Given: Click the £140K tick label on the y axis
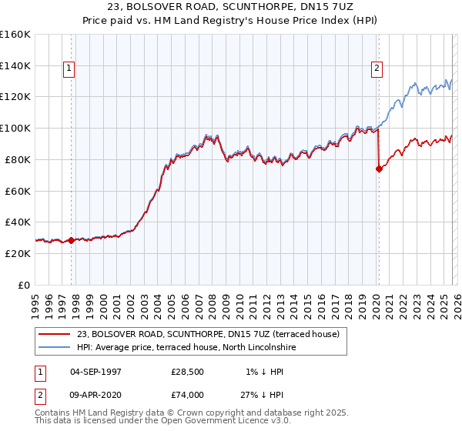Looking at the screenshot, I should pyautogui.click(x=15, y=66).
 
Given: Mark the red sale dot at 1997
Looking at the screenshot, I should pyautogui.click(x=72, y=240).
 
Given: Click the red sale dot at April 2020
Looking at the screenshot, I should pyautogui.click(x=379, y=169).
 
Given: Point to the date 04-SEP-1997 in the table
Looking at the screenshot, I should pyautogui.click(x=96, y=373).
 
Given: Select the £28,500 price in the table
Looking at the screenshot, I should pyautogui.click(x=188, y=373).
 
